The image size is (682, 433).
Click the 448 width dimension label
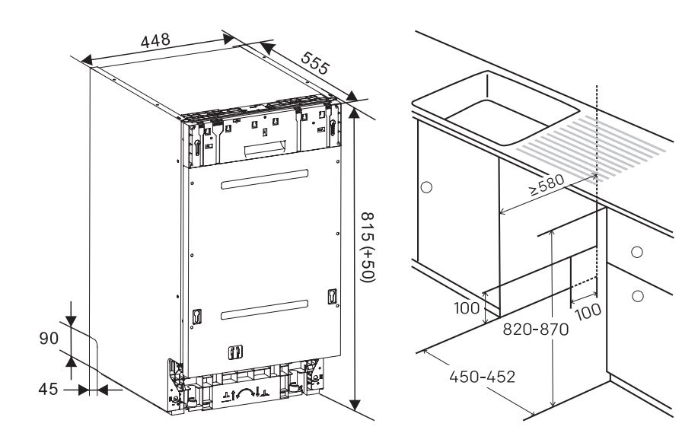tap(155, 40)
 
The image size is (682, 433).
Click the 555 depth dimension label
tap(316, 63)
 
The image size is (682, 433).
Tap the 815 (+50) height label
tap(368, 247)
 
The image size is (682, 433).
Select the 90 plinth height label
tap(49, 338)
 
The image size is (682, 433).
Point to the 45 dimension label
tap(48, 389)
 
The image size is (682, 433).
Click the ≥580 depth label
tap(547, 184)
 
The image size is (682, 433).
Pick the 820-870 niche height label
tap(535, 330)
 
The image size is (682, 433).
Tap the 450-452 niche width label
tap(482, 377)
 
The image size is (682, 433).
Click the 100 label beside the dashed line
tap(588, 311)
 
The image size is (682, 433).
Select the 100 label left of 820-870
tap(467, 308)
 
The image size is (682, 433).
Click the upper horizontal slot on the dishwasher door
tap(264, 180)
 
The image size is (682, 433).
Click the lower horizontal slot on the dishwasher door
tap(264, 310)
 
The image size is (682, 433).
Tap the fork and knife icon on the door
tap(236, 352)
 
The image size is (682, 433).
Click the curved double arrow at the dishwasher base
tap(246, 392)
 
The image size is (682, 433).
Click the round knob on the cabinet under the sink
tap(427, 188)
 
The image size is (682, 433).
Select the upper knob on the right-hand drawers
tap(637, 252)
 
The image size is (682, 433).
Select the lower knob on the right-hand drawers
tap(638, 296)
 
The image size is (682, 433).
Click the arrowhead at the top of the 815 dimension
tap(355, 112)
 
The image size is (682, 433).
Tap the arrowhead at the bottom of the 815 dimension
tap(355, 405)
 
